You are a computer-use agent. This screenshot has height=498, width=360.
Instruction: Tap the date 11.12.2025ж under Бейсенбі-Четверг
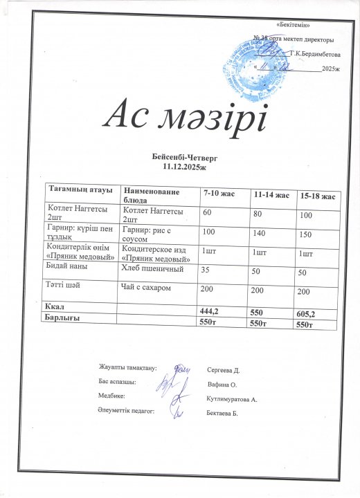[179, 167]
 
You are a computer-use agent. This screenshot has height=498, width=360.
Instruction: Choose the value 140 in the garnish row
[260, 234]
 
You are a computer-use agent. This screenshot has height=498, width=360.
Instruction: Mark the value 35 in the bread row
[206, 270]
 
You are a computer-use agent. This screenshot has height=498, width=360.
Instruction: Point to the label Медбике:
[111, 396]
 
